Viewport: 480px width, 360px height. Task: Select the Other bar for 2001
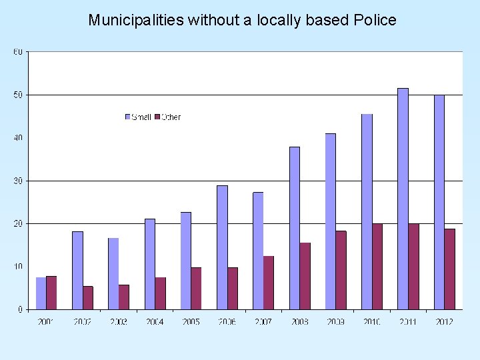coord(51,293)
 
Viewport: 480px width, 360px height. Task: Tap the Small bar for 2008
coord(294,228)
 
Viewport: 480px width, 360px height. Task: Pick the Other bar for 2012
coord(449,269)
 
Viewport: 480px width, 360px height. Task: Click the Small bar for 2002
coord(77,270)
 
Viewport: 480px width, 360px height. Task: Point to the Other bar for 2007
coord(269,283)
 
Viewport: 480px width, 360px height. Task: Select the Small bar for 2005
coord(185,261)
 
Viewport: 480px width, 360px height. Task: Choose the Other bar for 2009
coord(341,270)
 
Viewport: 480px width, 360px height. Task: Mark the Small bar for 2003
coord(113,273)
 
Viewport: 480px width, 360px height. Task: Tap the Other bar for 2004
coord(160,293)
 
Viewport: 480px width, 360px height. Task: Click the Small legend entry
coord(138,117)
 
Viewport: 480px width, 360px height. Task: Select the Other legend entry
coord(167,117)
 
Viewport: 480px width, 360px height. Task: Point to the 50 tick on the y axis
coord(18,95)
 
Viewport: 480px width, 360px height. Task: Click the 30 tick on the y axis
coord(18,181)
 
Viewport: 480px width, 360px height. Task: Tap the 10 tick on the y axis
coord(18,267)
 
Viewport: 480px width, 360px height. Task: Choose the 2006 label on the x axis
coord(227,322)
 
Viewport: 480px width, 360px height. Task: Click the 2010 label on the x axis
coord(371,322)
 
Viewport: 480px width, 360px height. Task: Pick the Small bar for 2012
coord(439,202)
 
